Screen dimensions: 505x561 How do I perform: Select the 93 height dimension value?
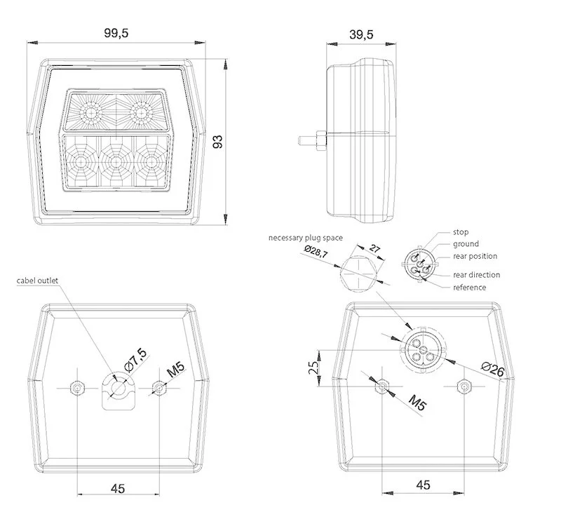pyautogui.click(x=218, y=142)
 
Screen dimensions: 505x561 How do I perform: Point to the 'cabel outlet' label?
pyautogui.click(x=38, y=281)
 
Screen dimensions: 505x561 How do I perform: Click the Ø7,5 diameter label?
pyautogui.click(x=135, y=358)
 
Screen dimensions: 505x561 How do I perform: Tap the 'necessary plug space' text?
pyautogui.click(x=305, y=238)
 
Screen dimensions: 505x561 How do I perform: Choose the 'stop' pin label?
pyautogui.click(x=461, y=231)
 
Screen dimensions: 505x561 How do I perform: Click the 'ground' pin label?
pyautogui.click(x=466, y=244)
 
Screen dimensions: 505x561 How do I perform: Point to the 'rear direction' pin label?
pyautogui.click(x=476, y=275)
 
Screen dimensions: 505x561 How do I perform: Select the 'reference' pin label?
pyautogui.click(x=469, y=287)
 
